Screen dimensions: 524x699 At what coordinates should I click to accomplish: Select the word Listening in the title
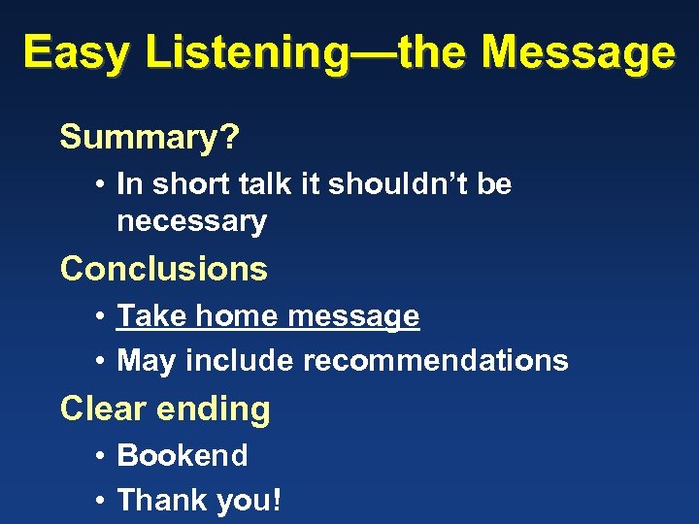(246, 52)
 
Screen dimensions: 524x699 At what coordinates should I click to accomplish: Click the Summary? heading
(149, 138)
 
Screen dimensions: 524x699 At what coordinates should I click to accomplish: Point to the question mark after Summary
(230, 138)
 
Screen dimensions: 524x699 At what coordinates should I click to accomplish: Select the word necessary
(191, 221)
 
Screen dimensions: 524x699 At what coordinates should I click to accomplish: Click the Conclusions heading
(163, 268)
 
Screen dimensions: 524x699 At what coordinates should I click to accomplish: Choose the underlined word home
(219, 315)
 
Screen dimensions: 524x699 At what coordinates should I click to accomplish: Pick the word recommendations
(436, 361)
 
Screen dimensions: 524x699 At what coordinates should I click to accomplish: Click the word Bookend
(183, 455)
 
